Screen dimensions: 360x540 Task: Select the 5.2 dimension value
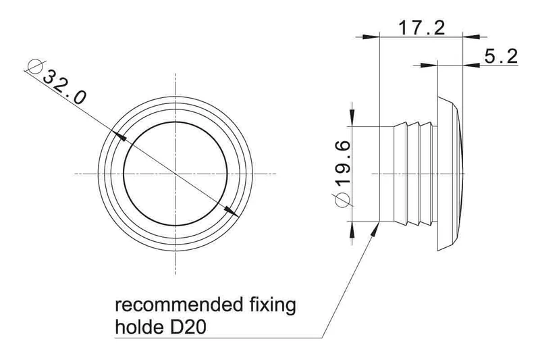point(501,57)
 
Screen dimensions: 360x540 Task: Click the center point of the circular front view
point(175,174)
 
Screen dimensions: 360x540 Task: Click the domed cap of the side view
point(450,174)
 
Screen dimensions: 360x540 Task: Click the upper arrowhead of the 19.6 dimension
point(352,118)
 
